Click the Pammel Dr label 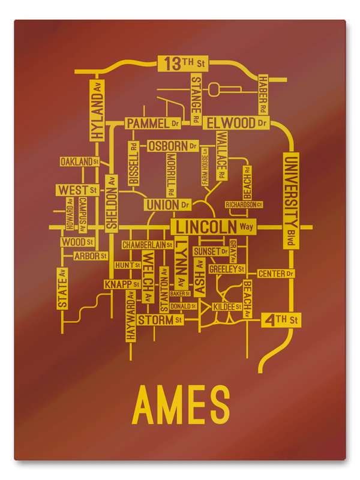[x=153, y=124]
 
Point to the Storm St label [x=160, y=320]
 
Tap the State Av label [x=62, y=288]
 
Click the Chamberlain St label [x=147, y=245]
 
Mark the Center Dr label [x=276, y=274]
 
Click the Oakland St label [x=79, y=161]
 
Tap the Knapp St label [x=122, y=284]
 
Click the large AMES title [x=181, y=405]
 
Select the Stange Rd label [x=196, y=96]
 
